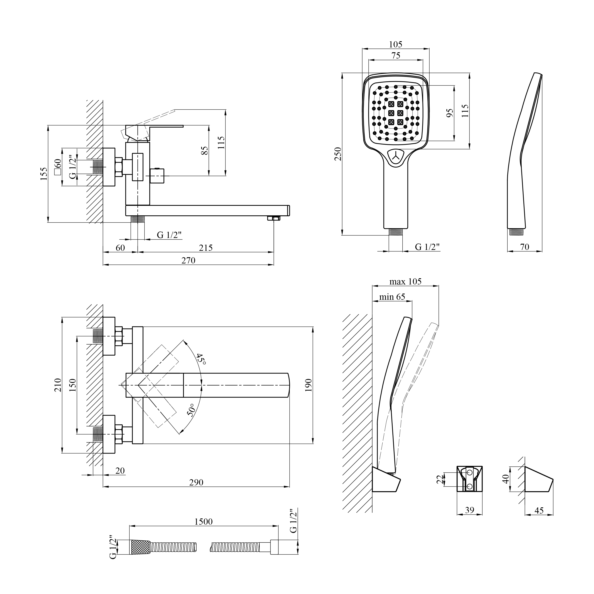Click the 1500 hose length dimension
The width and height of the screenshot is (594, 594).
click(x=204, y=522)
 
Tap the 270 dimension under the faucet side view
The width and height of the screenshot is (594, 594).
click(x=188, y=260)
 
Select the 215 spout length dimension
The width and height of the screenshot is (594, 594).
click(x=206, y=247)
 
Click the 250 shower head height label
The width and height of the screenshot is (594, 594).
click(x=338, y=154)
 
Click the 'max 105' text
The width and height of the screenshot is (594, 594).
click(x=405, y=281)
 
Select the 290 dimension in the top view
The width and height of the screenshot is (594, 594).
click(x=196, y=482)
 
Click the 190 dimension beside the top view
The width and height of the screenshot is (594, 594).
click(x=309, y=385)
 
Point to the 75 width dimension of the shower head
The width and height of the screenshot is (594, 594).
click(x=396, y=55)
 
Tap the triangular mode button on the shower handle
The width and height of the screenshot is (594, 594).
click(x=396, y=156)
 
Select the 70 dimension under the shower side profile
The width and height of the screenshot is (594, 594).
click(x=524, y=247)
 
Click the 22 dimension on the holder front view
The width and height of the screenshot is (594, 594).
click(x=441, y=479)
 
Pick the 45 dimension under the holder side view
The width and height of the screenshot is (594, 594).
click(x=539, y=511)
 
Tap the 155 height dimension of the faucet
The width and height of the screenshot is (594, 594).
click(x=44, y=174)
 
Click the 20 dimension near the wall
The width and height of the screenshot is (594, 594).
click(x=121, y=471)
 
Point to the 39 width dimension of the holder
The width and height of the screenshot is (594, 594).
click(x=469, y=510)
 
